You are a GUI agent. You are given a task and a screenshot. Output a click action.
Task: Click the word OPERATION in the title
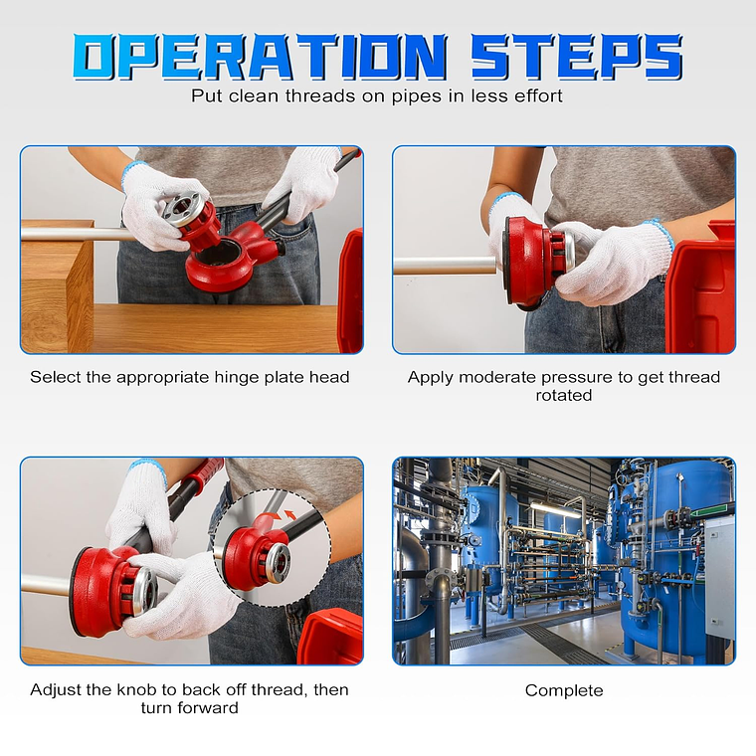(261, 56)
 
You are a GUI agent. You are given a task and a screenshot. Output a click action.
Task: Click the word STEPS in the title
(576, 56)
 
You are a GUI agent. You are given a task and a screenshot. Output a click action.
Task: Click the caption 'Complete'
(564, 691)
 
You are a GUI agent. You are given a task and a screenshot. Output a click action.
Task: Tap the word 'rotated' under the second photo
(564, 395)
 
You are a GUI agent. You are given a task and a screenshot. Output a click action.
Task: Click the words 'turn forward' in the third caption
(189, 708)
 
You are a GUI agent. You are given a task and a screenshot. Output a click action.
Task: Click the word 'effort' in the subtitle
(538, 95)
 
